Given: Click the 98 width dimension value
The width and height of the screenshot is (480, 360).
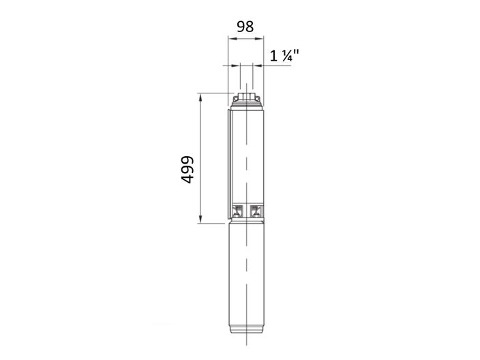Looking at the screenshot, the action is click(245, 27).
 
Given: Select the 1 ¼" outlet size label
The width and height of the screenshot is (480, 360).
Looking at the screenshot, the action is click(284, 56).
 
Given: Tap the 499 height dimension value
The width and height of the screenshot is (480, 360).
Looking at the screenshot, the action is click(187, 170).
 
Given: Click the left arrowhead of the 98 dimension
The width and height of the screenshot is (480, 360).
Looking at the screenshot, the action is click(232, 39).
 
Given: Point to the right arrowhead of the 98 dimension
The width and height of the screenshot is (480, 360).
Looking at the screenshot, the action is click(259, 39).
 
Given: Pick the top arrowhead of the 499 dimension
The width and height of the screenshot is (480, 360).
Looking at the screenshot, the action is click(200, 97).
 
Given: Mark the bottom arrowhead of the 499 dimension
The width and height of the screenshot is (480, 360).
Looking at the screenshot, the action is click(200, 219).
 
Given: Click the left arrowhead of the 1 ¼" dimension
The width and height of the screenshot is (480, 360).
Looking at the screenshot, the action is click(236, 65).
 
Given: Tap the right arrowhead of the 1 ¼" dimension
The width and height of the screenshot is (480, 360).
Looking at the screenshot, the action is click(258, 65).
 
